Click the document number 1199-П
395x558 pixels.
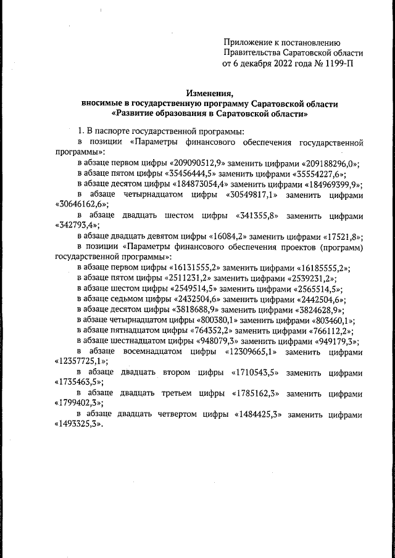(x=336, y=63)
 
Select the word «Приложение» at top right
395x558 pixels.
(x=246, y=42)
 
